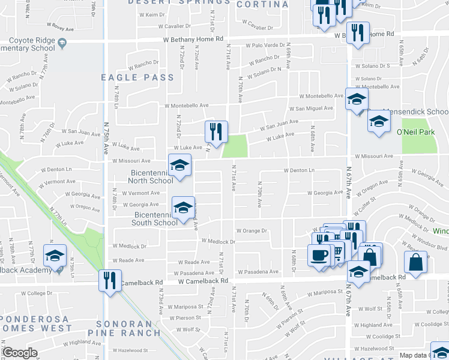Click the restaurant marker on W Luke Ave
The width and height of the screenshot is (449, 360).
click(215, 132)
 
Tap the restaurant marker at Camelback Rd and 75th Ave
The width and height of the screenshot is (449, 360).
click(109, 281)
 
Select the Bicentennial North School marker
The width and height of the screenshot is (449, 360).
click(178, 166)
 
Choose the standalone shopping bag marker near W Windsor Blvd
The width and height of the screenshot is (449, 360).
click(415, 262)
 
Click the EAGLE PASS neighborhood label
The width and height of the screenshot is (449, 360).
click(137, 77)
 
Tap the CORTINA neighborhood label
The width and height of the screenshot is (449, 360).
click(262, 4)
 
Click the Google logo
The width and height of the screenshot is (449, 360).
click(20, 353)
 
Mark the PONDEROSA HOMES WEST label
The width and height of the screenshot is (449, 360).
click(35, 323)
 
